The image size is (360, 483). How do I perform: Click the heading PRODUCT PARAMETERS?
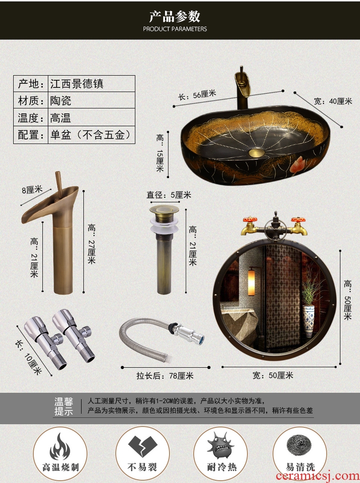(x=175, y=29)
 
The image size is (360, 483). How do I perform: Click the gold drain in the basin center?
(x=257, y=152)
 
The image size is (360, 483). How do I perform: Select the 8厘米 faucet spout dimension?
(x=32, y=190)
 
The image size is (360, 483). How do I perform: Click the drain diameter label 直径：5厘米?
(x=169, y=195)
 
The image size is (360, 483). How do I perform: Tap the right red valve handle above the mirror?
(x=298, y=220)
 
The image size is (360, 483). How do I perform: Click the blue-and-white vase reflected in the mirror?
(x=309, y=320)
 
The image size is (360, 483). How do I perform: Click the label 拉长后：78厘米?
(x=165, y=376)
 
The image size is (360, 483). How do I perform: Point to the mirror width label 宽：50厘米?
(x=273, y=375)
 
